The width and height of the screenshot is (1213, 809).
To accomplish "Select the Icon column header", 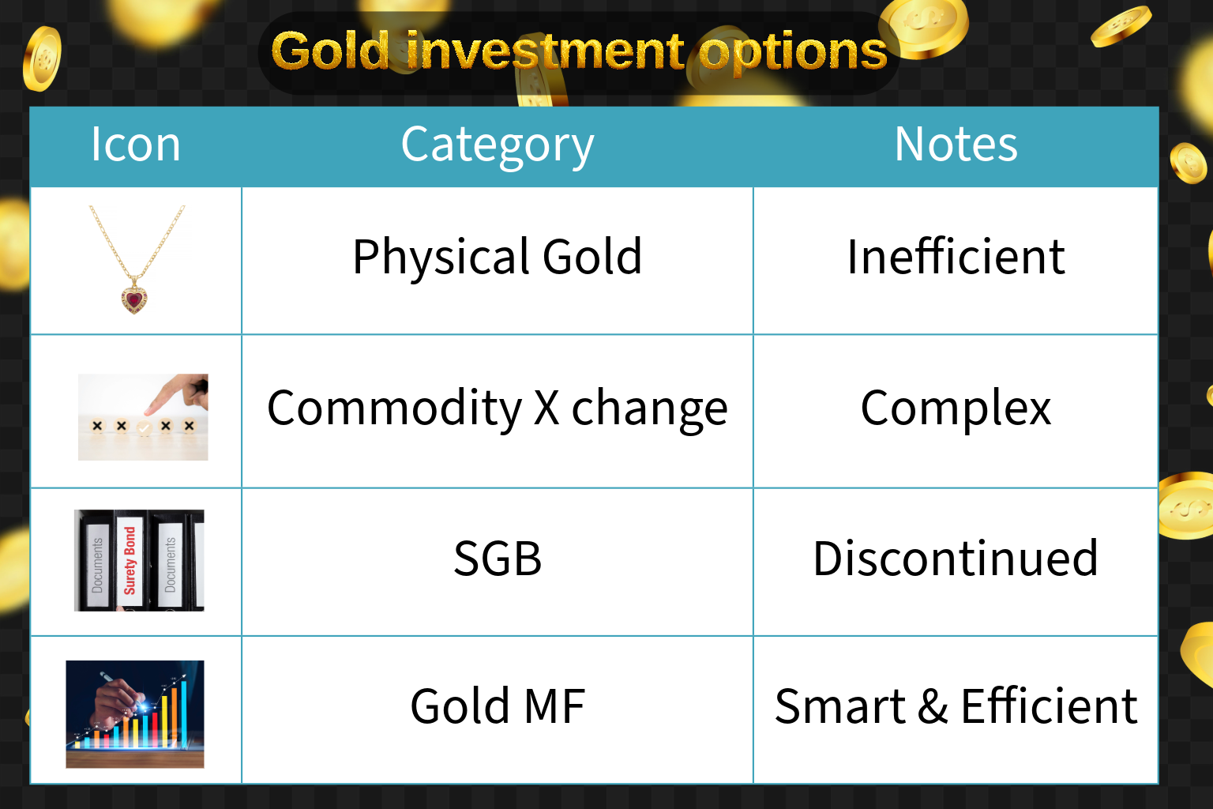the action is (135, 144).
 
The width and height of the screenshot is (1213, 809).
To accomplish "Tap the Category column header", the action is (497, 145).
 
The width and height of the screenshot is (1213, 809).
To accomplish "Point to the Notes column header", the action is (956, 144).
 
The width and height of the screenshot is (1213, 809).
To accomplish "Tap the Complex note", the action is (956, 409).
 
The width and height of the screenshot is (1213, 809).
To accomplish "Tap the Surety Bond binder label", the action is (130, 560).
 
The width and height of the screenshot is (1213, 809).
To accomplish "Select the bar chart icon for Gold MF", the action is (135, 713).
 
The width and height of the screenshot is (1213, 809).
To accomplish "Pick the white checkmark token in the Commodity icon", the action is (144, 428).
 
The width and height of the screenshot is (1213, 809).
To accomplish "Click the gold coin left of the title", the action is (42, 59).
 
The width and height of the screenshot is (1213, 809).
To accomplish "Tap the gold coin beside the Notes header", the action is (1188, 163).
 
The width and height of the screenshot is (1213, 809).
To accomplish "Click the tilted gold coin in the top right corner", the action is (1121, 26).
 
